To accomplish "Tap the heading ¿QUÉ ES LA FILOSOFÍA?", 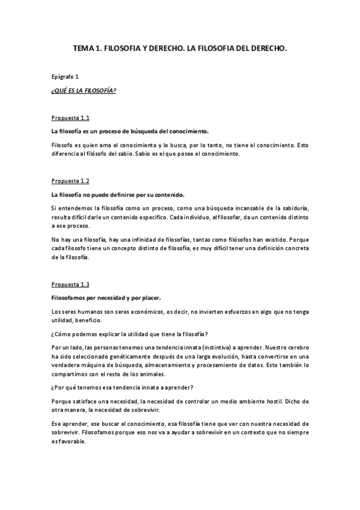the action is coord(84,91).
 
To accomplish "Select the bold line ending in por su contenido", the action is coord(118,194).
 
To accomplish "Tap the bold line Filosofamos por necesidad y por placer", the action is coord(106,297).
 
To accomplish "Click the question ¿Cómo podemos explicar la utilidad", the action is coord(132,334).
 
